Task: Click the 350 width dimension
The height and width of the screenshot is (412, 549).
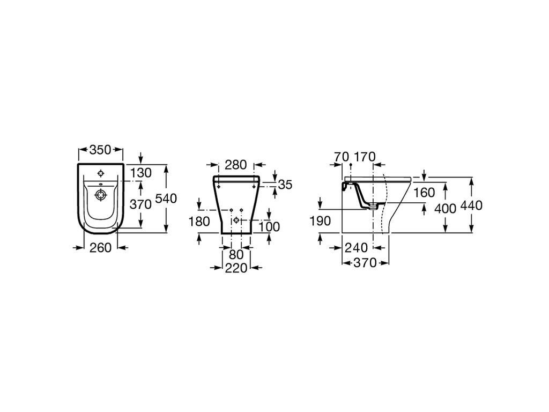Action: pos(100,150)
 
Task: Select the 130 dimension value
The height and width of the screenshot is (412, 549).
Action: pos(141,173)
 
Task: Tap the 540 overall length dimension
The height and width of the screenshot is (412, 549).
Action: pos(166,198)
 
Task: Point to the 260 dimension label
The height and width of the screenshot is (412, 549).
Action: pos(100,248)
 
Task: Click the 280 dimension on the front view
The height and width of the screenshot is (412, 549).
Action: pos(236,165)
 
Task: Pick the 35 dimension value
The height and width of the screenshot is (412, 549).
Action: pos(285,185)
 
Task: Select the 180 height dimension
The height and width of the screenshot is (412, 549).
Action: pos(199,221)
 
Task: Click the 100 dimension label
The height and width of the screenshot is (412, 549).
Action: pos(269,227)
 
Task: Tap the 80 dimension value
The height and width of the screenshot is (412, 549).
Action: pos(236,255)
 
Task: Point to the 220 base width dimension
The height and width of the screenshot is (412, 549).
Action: pos(236,268)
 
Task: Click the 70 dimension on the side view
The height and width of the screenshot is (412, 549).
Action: pos(342,157)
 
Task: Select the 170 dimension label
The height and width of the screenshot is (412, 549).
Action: pos(365,157)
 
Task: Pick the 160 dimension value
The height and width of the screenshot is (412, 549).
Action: pos(424,193)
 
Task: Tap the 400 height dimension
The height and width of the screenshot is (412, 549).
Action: pos(446,209)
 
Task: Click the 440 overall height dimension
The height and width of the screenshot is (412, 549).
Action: pos(471,205)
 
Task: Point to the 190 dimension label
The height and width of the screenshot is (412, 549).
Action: pos(320,221)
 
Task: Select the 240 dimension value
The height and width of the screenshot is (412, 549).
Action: pos(356,248)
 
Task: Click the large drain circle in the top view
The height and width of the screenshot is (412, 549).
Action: pos(101,195)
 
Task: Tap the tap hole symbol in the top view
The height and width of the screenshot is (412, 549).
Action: pos(101,173)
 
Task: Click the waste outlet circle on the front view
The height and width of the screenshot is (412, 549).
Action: pos(236,220)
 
